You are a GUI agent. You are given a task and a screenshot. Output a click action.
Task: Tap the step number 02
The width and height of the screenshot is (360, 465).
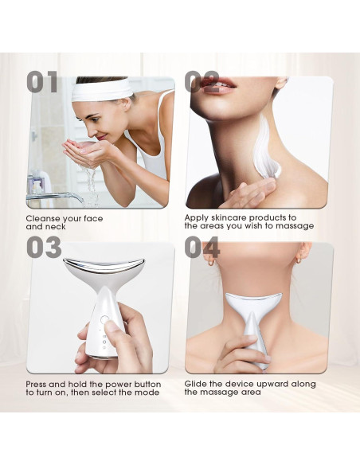[202, 82]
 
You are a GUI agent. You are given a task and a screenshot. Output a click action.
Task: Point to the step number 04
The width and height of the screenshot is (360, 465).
[202, 248]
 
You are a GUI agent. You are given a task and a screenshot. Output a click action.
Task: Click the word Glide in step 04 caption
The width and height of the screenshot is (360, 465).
[196, 384]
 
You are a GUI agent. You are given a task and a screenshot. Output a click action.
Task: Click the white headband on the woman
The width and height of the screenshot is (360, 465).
[103, 90]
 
